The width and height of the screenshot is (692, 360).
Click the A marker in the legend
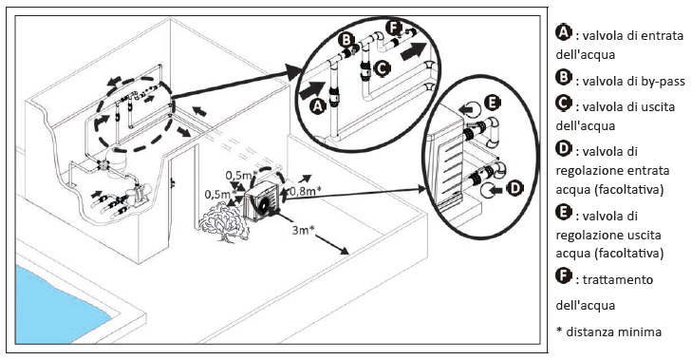(564, 32)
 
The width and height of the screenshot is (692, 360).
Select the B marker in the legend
(564, 78)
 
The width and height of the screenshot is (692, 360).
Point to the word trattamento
(617, 279)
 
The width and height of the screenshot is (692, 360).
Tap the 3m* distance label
(303, 230)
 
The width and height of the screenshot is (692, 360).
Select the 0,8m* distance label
(306, 190)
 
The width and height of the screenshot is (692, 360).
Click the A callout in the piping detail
(318, 106)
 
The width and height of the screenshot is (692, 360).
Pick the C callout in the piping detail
(382, 67)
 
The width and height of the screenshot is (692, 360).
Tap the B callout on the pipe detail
(346, 40)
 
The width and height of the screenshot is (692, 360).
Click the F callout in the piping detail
(393, 28)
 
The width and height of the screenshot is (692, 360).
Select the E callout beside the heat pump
(493, 103)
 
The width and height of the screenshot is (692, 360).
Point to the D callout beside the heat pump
(515, 189)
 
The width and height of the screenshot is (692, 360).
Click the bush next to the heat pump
(224, 225)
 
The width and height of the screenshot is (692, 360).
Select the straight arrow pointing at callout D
(497, 190)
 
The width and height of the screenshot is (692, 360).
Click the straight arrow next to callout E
(466, 107)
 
